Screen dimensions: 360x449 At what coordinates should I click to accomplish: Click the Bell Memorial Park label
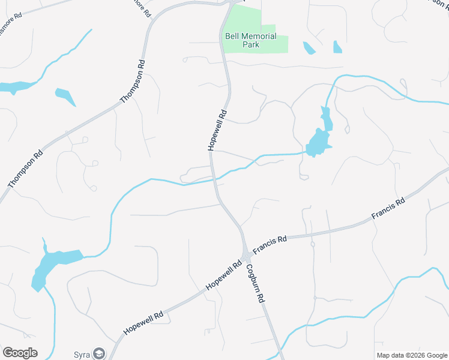click(x=250, y=40)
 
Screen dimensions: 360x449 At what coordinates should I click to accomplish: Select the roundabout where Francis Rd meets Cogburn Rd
click(x=246, y=257)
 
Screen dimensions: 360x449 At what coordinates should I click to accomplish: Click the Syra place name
click(x=81, y=354)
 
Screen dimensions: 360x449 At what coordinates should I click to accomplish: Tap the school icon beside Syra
click(x=97, y=354)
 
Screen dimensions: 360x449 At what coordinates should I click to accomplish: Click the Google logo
click(x=20, y=352)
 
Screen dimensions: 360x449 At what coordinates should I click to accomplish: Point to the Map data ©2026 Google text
click(x=411, y=355)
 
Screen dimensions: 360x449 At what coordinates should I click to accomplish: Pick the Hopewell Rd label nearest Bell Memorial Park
click(x=217, y=130)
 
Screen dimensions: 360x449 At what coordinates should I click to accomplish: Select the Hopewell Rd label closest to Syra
click(x=143, y=323)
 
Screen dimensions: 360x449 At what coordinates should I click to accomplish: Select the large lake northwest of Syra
click(x=54, y=264)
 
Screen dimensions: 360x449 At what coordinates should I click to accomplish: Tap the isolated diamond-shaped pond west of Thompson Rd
click(x=65, y=96)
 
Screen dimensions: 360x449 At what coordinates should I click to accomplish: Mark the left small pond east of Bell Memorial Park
click(x=309, y=48)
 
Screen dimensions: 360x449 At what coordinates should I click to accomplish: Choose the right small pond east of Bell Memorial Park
click(x=337, y=47)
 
